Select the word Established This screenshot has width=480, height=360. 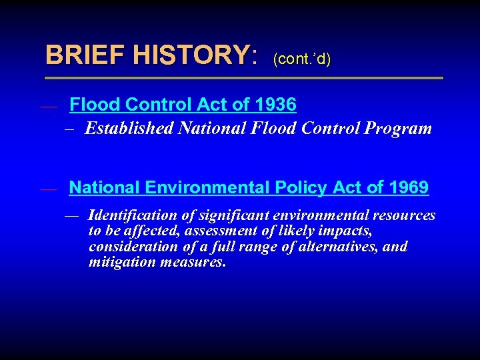(129, 128)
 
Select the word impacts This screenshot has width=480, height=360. (346, 231)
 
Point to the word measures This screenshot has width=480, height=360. (193, 262)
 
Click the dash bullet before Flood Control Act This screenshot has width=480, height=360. (48, 105)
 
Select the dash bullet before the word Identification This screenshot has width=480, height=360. (72, 216)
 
